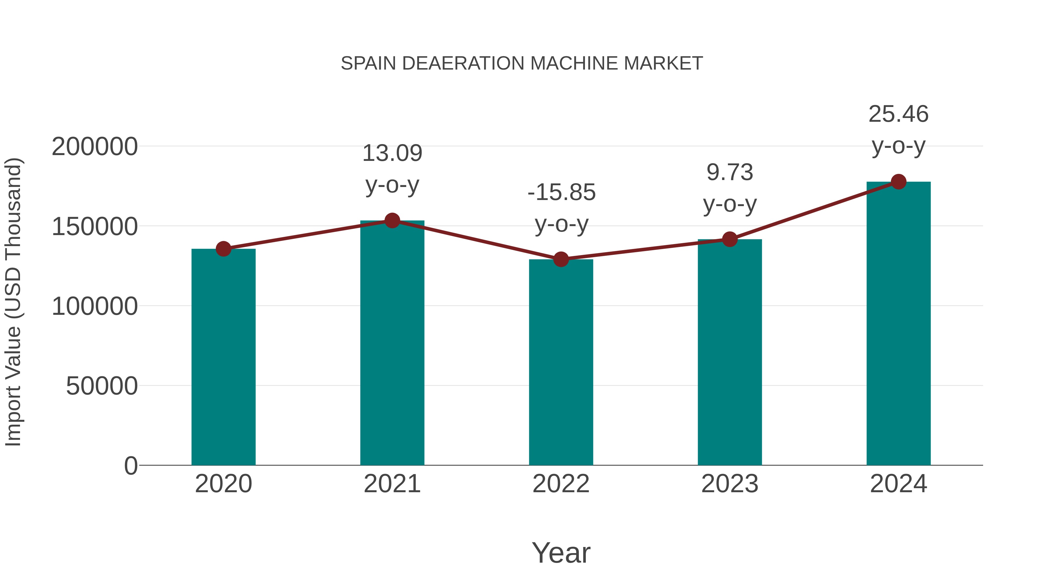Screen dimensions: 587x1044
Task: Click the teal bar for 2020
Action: pyautogui.click(x=223, y=357)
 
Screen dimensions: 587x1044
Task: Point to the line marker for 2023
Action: pyautogui.click(x=730, y=239)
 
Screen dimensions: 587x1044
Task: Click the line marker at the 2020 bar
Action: pyautogui.click(x=223, y=249)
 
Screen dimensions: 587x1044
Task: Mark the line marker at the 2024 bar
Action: pyautogui.click(x=898, y=182)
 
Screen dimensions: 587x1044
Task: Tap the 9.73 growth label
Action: pyautogui.click(x=730, y=172)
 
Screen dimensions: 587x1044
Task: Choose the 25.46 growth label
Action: pyautogui.click(x=898, y=114)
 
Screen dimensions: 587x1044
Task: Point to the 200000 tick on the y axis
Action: pyautogui.click(x=95, y=147)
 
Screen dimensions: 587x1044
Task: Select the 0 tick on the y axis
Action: pyautogui.click(x=130, y=466)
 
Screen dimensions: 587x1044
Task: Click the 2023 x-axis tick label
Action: pyautogui.click(x=730, y=484)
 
